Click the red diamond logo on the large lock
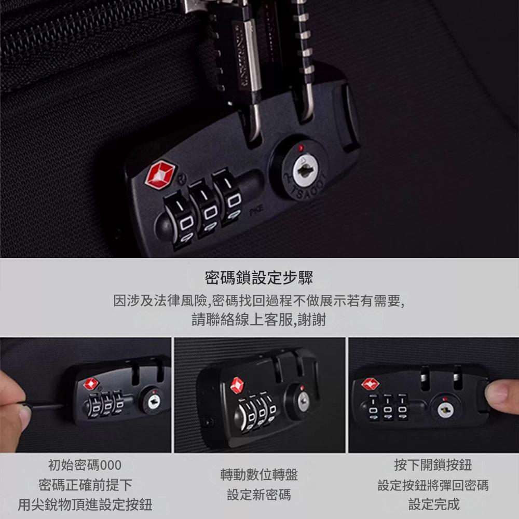[x=160, y=174]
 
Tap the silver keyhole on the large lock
[x=305, y=170]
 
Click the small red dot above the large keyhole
[x=301, y=147]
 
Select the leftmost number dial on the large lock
[x=181, y=220]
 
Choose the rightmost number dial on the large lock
[x=228, y=196]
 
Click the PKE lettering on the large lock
[x=256, y=210]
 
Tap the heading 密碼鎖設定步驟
[x=259, y=277]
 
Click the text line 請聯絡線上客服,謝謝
[x=259, y=319]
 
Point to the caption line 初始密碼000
[x=85, y=465]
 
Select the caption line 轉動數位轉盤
[x=259, y=475]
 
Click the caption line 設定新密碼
[x=259, y=495]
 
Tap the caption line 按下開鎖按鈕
[x=433, y=465]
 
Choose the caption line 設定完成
[x=433, y=504]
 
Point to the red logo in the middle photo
[x=237, y=386]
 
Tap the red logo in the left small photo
[x=91, y=384]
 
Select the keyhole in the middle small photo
[x=303, y=402]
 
